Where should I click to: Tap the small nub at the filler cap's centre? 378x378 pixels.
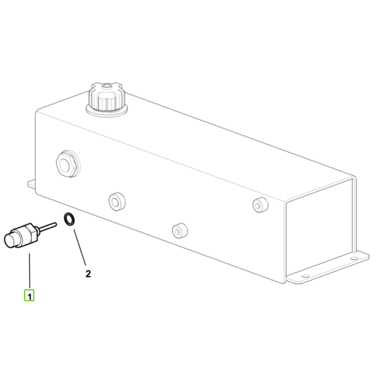106,86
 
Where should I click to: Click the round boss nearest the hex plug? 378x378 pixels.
117,201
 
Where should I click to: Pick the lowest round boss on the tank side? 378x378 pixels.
180,230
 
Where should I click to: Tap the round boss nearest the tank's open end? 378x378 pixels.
260,204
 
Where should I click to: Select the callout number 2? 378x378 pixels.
88,274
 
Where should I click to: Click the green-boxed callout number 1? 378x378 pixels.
29,295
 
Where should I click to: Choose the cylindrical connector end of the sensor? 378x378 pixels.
11,239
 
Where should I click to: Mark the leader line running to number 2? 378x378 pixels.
79,248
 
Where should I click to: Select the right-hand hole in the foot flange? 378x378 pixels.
353,258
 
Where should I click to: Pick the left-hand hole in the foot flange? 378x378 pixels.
305,276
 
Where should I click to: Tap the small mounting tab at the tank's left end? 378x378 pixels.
32,184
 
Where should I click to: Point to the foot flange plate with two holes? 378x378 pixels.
328,268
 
